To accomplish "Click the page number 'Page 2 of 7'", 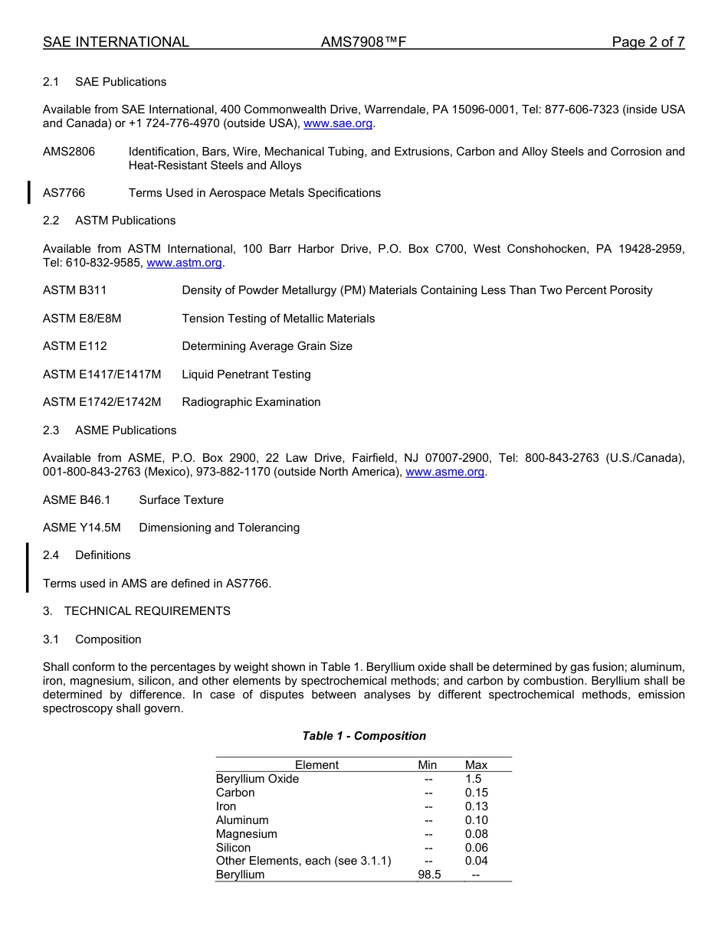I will [x=648, y=42].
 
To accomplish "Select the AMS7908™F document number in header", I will [x=363, y=42].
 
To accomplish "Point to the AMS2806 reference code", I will [x=69, y=152].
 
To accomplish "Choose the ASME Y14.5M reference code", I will [x=82, y=528].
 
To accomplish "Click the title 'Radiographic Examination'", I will [x=251, y=402].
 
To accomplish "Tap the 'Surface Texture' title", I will [x=182, y=500].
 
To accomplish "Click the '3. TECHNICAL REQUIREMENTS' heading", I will [x=136, y=611].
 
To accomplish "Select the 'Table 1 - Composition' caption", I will [x=364, y=736].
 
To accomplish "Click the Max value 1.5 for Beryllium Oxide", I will [x=474, y=779].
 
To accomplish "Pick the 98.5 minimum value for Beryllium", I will [x=428, y=875].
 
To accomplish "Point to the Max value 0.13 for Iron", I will [x=476, y=806].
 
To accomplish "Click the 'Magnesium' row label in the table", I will [x=246, y=834].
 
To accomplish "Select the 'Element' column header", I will [x=316, y=765].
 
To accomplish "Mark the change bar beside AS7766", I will [x=28, y=193].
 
